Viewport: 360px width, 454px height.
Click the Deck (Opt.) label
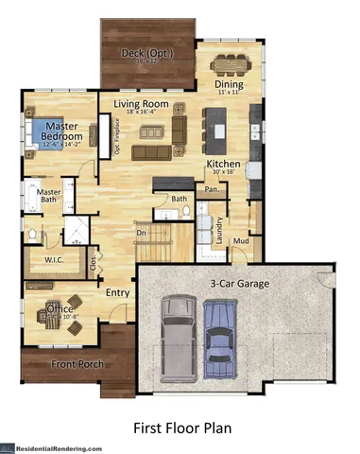(147, 53)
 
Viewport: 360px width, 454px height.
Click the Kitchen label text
(224, 164)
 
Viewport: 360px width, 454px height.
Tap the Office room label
(60, 307)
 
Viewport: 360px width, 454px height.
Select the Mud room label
(242, 241)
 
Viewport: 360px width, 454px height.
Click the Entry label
(118, 293)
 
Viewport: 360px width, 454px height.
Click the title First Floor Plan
(180, 427)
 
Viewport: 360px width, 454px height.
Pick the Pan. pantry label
(213, 190)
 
